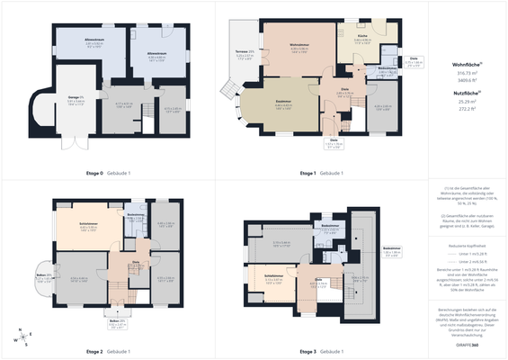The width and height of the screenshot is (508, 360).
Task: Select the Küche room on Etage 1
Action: pyautogui.click(x=362, y=40)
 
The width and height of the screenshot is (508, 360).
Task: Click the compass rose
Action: pyautogui.click(x=22, y=339)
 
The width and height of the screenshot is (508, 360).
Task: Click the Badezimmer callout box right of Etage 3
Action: pyautogui.click(x=391, y=250)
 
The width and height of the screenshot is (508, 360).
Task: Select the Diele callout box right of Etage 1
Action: pyautogui.click(x=413, y=62)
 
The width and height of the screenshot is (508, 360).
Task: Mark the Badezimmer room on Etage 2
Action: pyautogui.click(x=137, y=218)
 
